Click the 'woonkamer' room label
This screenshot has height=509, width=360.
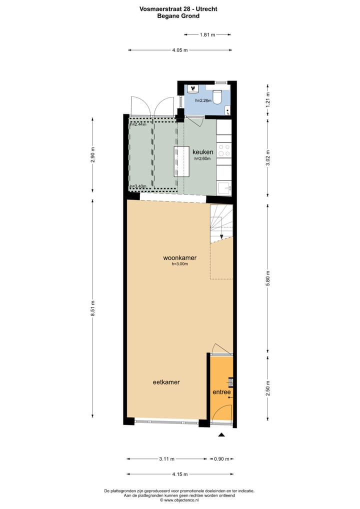179,258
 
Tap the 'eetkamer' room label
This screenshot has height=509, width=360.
166,382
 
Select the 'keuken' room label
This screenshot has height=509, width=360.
203,152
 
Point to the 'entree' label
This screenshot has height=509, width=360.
221,392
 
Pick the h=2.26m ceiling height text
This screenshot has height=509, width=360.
203,100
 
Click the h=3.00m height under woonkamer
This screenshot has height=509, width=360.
179,264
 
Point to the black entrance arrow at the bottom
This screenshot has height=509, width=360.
221,435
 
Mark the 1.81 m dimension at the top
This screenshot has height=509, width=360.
207,35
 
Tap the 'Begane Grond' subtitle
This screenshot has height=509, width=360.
178,16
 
